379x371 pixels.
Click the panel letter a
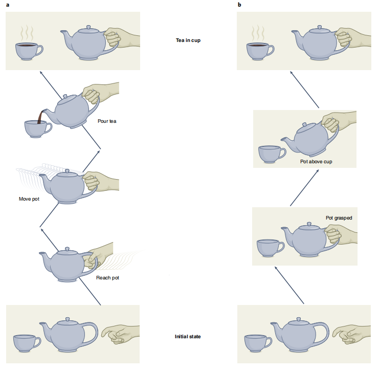point(7,5)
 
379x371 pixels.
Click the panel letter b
point(239,5)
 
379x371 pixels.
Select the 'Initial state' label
point(188,336)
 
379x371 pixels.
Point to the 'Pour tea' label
point(107,121)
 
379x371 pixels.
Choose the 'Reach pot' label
point(107,278)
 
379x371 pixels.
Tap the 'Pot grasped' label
point(339,218)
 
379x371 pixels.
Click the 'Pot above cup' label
point(316,161)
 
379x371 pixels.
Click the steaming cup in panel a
point(28,51)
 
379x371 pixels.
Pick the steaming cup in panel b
point(260,51)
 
